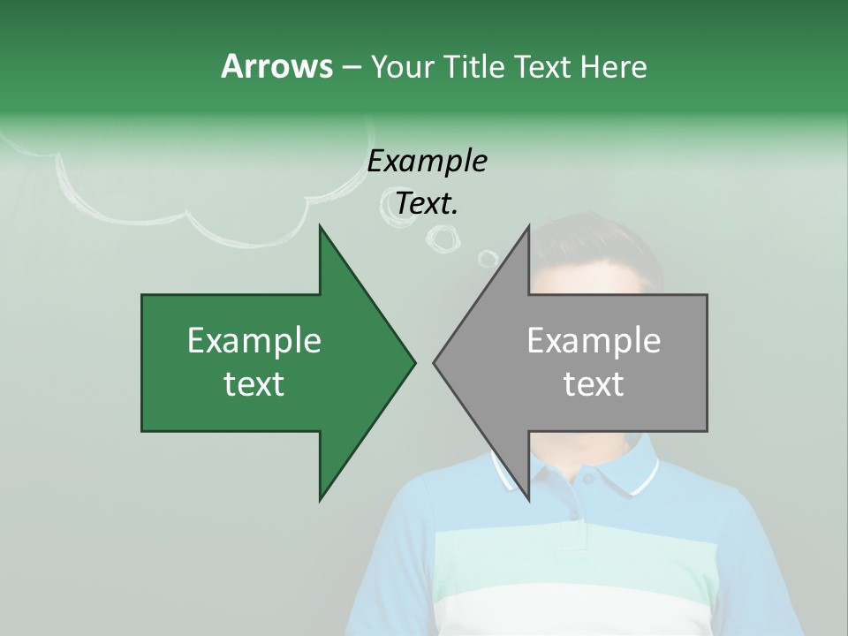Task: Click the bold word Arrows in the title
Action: point(276,66)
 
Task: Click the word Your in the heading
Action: point(399,66)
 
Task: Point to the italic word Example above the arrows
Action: point(427,161)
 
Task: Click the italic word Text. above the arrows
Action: point(427,204)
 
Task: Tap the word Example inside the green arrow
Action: point(254,341)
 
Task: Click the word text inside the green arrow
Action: point(254,384)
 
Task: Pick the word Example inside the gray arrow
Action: point(594,341)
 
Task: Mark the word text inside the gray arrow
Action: point(594,384)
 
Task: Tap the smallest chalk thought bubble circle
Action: point(488,258)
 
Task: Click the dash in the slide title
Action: point(351,67)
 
